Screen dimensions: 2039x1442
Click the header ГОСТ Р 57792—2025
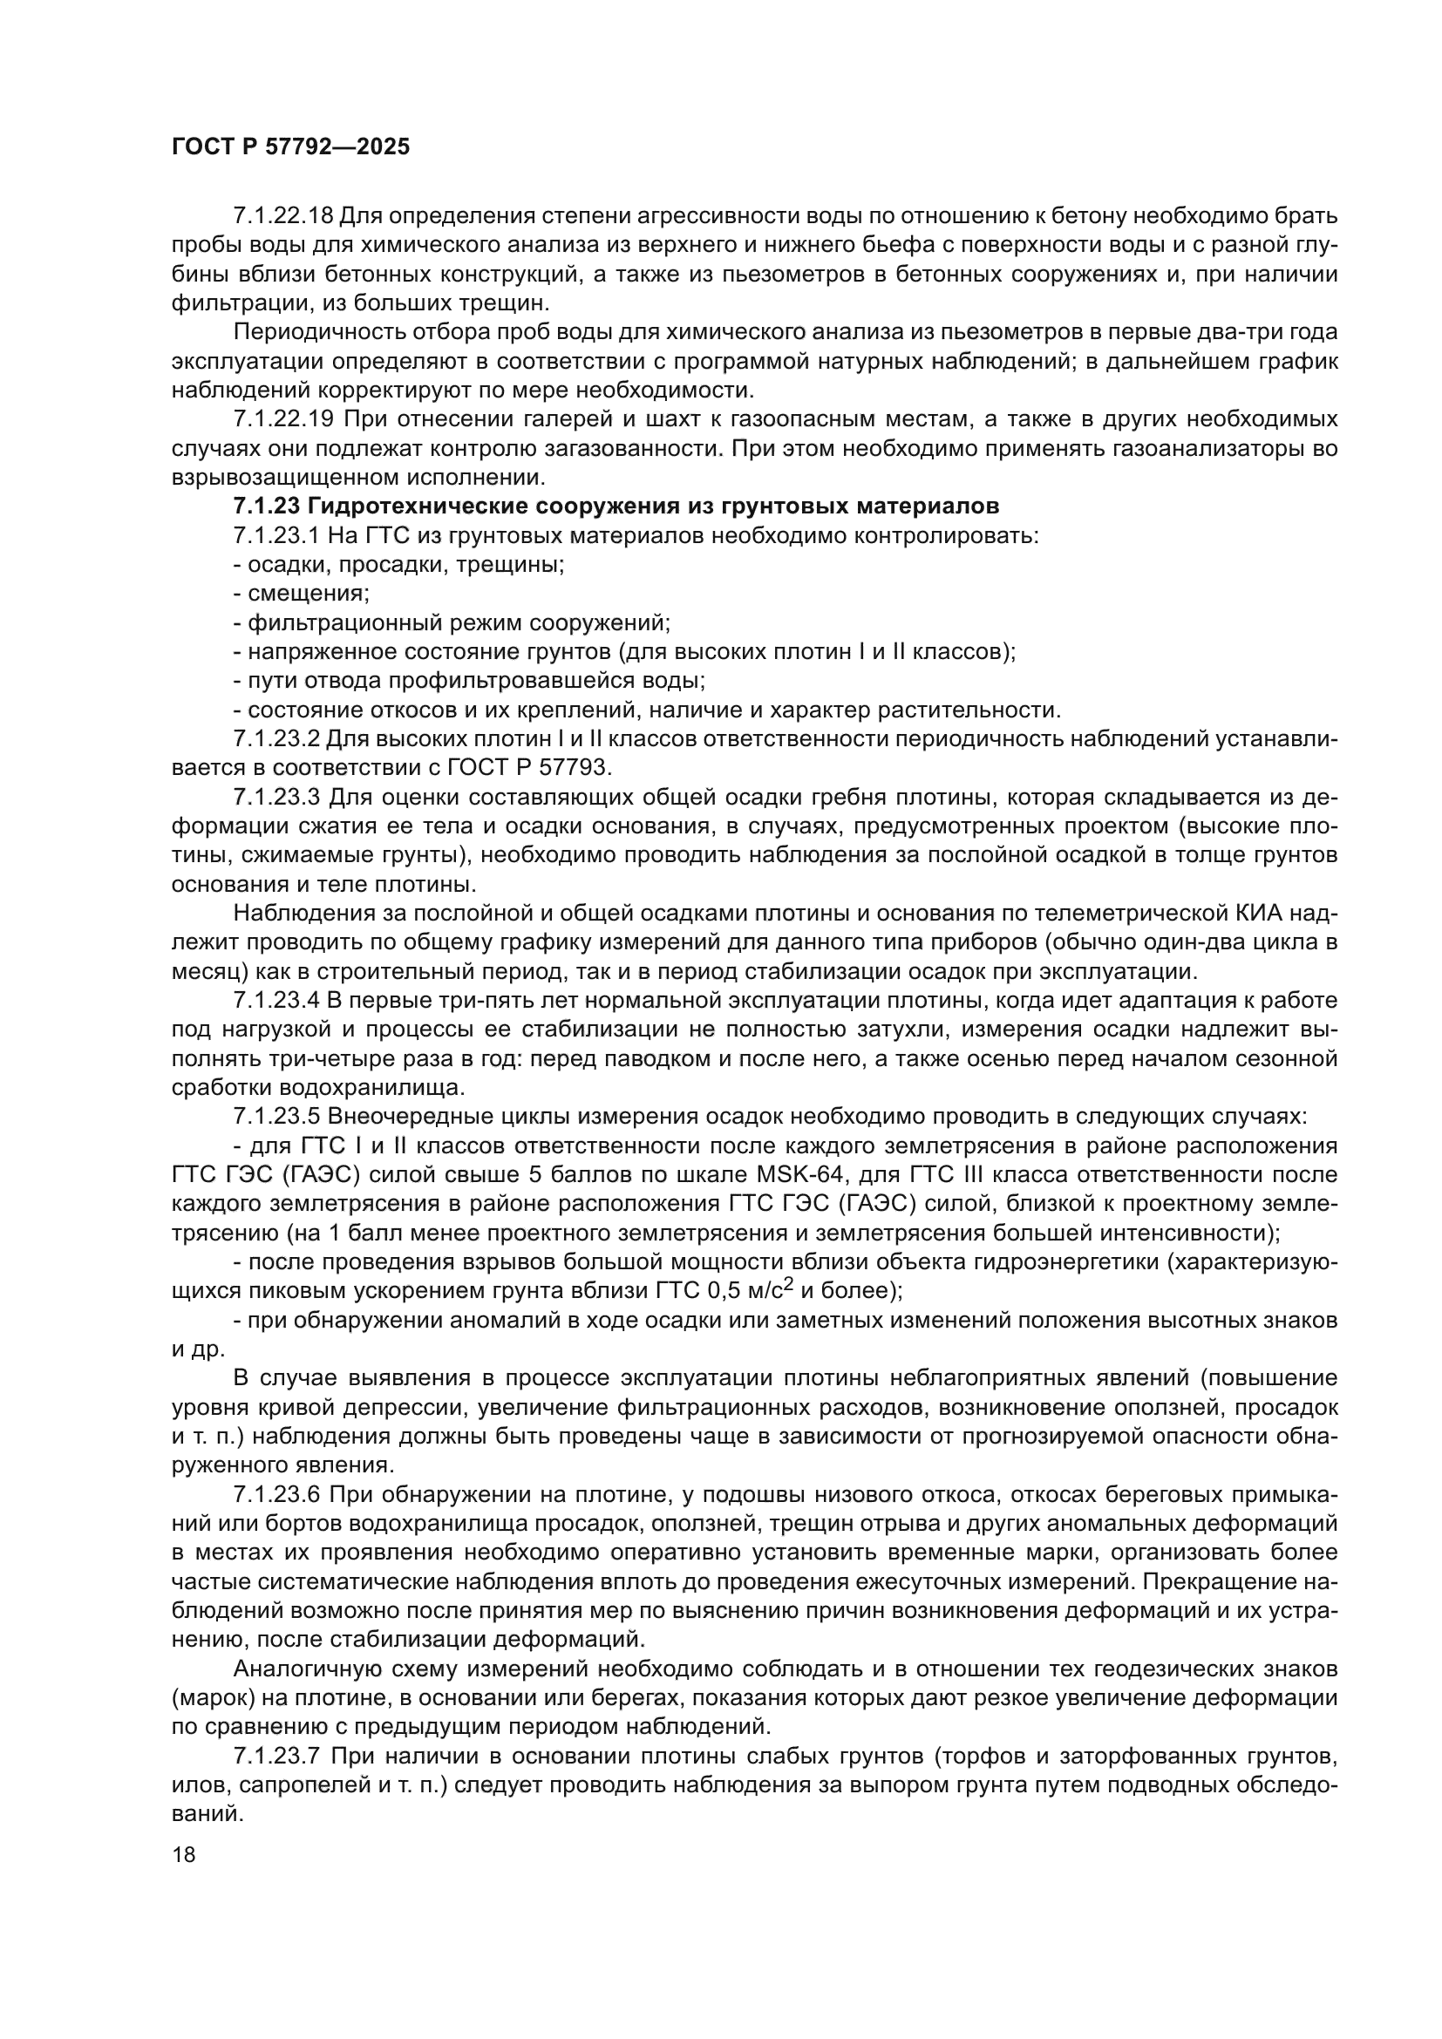tap(290, 147)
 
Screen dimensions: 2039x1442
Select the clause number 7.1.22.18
tap(283, 216)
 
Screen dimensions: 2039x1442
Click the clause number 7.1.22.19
tap(283, 419)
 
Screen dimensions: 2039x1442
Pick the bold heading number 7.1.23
tap(262, 506)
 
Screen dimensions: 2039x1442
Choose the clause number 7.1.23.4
tap(276, 1001)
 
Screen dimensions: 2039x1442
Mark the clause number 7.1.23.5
tap(276, 1117)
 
